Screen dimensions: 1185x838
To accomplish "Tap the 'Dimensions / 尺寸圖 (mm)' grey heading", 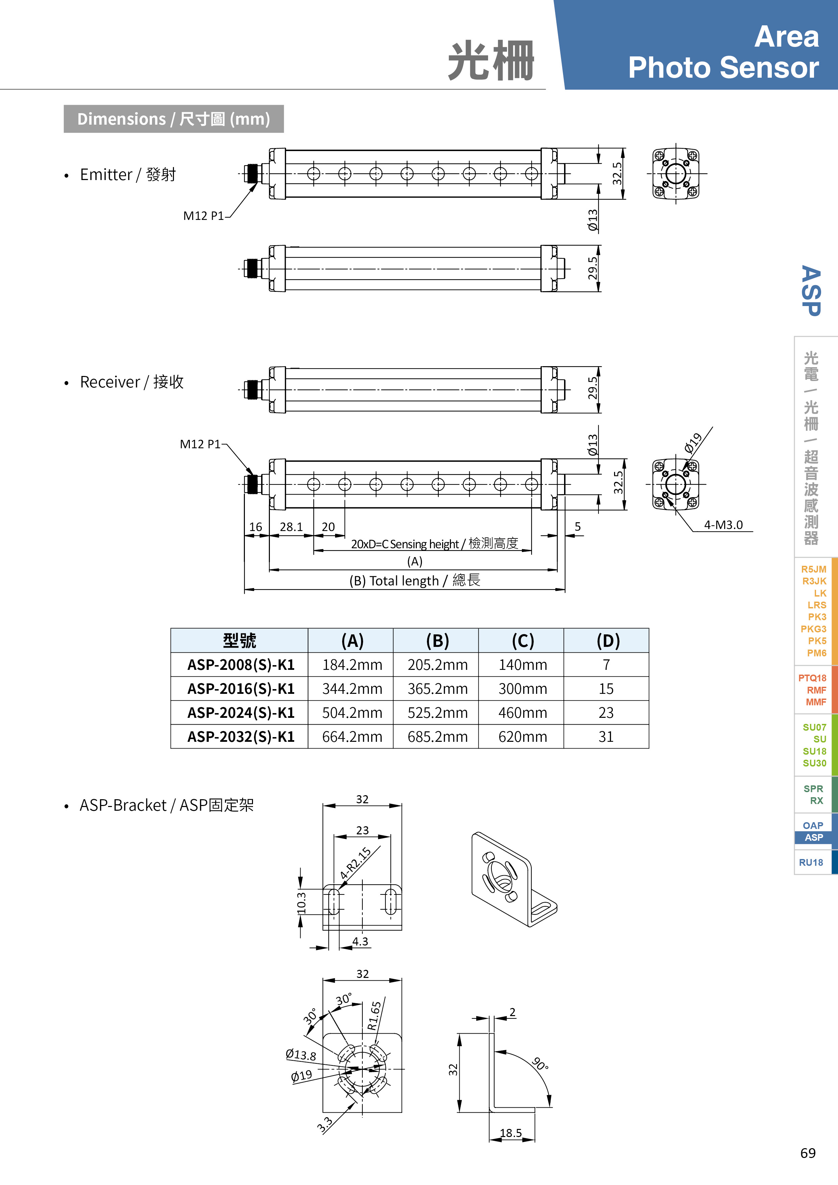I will tap(173, 119).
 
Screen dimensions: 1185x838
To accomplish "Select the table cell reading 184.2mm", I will tap(352, 665).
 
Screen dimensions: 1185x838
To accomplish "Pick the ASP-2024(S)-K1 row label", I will tap(240, 713).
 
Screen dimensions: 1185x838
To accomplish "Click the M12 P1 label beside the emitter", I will tap(203, 216).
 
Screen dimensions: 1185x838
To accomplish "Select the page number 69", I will tap(808, 1153).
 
